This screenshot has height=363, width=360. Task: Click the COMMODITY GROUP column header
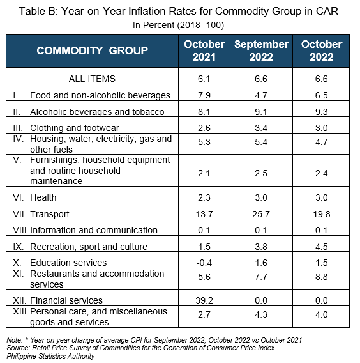tap(92, 50)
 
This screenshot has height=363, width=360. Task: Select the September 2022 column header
tap(261, 50)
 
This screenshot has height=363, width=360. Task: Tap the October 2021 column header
tap(204, 50)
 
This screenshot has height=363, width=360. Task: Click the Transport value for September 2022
tap(261, 214)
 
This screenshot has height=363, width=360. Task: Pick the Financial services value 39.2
tap(204, 300)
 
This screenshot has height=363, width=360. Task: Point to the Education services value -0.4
tap(204, 263)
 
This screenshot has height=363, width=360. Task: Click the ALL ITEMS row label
tap(92, 79)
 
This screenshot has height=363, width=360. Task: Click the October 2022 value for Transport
tap(322, 214)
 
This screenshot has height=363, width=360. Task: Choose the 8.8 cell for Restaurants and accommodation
tap(322, 277)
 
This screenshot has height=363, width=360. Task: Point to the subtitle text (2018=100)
tap(200, 25)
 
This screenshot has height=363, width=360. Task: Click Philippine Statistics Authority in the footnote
tap(50, 356)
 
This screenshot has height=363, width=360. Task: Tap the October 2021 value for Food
tap(204, 95)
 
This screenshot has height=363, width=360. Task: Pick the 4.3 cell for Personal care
tap(261, 314)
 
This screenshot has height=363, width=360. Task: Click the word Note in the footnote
tap(14, 340)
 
